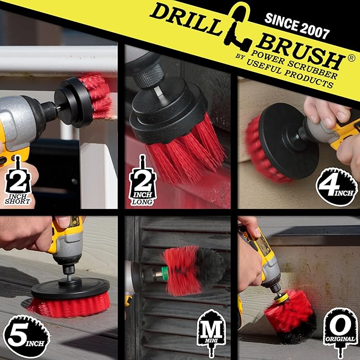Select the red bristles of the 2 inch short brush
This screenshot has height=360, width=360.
[x=101, y=95]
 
